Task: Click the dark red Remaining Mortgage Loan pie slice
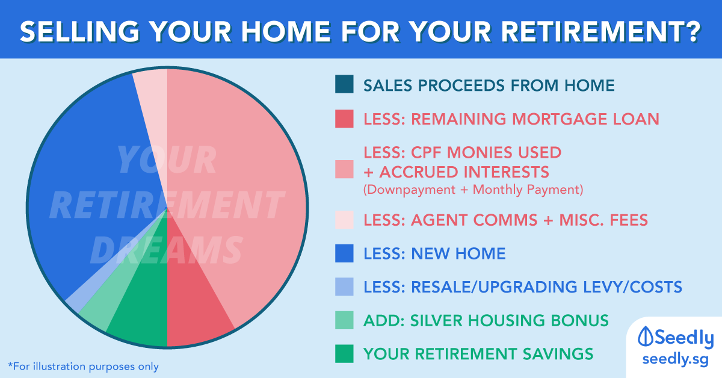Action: point(193,303)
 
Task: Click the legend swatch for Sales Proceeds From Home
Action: point(344,84)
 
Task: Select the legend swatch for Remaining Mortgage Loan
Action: point(344,119)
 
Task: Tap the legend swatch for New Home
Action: point(344,253)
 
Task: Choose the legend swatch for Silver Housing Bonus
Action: point(344,320)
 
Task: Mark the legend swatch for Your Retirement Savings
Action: point(344,353)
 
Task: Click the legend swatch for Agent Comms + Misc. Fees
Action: point(344,220)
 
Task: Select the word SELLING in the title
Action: point(80,32)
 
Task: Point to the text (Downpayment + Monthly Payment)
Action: point(473,190)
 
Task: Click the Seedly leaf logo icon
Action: point(646,336)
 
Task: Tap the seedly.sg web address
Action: point(675,359)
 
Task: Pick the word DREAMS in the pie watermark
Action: point(166,249)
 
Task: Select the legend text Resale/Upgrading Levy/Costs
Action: point(523,287)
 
